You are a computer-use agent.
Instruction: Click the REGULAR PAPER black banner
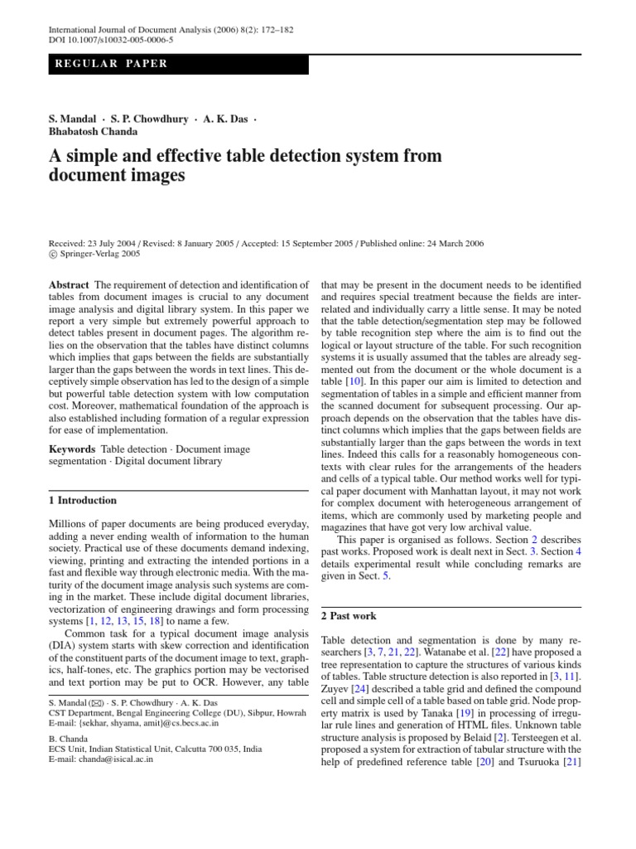[178, 64]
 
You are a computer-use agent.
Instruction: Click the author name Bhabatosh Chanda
[94, 131]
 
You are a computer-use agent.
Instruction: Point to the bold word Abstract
[70, 285]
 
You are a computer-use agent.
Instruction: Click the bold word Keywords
[72, 449]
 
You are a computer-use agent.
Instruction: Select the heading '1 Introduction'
[83, 501]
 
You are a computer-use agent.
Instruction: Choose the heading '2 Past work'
[349, 616]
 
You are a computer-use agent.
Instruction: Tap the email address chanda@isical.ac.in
[112, 759]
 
